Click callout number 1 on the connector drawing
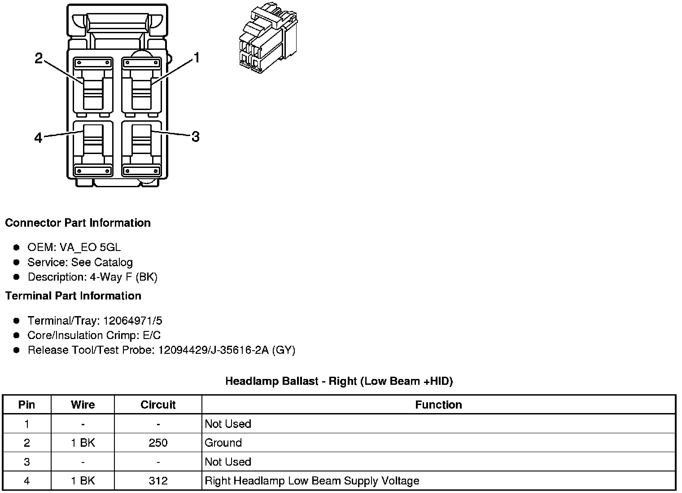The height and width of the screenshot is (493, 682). click(196, 58)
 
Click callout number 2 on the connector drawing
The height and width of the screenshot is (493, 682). click(39, 58)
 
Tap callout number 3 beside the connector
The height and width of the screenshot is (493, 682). click(195, 136)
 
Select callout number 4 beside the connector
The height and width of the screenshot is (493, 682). click(39, 137)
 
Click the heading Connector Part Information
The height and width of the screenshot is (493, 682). click(78, 223)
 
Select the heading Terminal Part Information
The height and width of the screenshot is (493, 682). click(73, 296)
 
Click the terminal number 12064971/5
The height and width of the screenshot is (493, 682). click(132, 321)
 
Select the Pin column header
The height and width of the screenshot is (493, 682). click(26, 405)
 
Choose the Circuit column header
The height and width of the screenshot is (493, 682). click(158, 405)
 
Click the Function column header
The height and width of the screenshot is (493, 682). click(438, 405)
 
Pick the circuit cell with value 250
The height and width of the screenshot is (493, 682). click(158, 443)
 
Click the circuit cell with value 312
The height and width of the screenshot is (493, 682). click(158, 481)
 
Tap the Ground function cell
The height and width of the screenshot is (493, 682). click(223, 443)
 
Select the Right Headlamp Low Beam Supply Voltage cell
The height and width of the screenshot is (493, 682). click(312, 481)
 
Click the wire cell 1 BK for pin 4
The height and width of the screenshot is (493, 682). click(83, 481)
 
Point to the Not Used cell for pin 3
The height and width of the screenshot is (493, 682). click(228, 462)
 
